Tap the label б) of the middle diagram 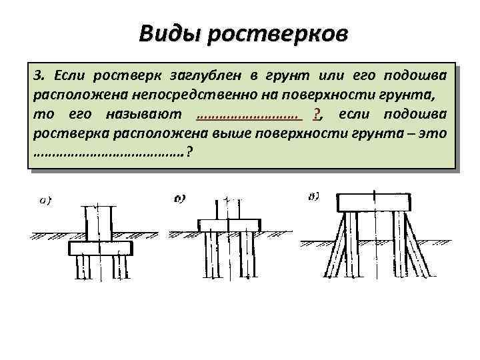click(x=179, y=198)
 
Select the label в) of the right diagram click(x=314, y=196)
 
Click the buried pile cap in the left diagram click(x=100, y=248)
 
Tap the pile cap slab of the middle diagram click(x=227, y=225)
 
